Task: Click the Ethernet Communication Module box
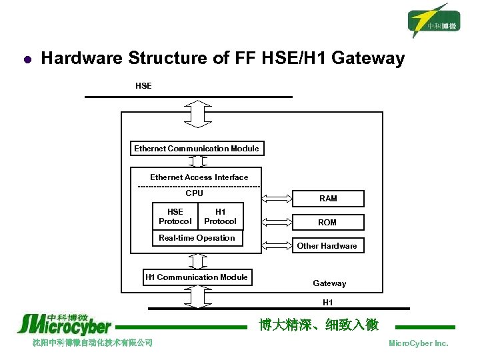tap(197, 149)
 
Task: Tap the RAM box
tap(328, 198)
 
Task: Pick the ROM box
tap(328, 222)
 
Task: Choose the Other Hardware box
tap(327, 245)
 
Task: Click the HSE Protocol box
tap(175, 217)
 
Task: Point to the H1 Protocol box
tap(220, 217)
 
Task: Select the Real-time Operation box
tap(197, 238)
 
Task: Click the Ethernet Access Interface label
tap(199, 177)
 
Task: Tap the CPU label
tap(194, 193)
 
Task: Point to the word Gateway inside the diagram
tap(329, 283)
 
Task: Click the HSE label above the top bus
tap(143, 86)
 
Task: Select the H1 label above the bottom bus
tap(328, 303)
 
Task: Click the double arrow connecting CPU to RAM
tap(277, 198)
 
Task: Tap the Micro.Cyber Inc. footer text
tap(418, 343)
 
